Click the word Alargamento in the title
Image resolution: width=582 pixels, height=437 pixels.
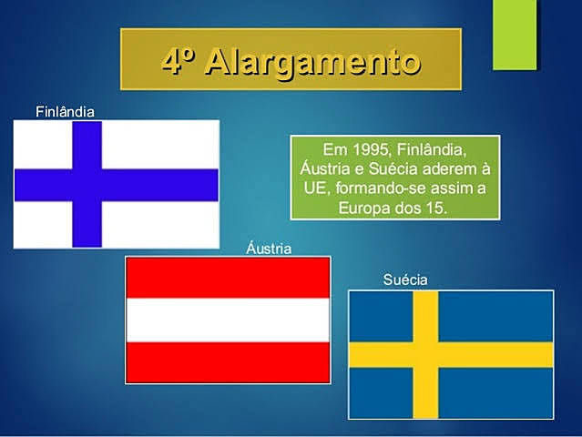[x=313, y=61]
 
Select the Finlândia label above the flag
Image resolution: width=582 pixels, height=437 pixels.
[x=65, y=112]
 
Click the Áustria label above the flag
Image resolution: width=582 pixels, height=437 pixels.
[x=270, y=248]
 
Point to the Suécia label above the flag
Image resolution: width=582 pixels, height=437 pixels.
[x=405, y=279]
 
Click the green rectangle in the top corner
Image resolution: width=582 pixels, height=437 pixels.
[x=515, y=35]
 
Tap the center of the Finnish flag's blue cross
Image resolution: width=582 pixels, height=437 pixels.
[x=87, y=185]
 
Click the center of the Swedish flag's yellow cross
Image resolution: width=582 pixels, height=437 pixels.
[x=425, y=355]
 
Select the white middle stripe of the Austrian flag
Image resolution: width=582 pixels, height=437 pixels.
[x=228, y=320]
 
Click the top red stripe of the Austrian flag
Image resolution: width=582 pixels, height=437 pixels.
[x=228, y=278]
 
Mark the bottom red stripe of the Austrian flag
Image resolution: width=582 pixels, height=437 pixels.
[x=228, y=362]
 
